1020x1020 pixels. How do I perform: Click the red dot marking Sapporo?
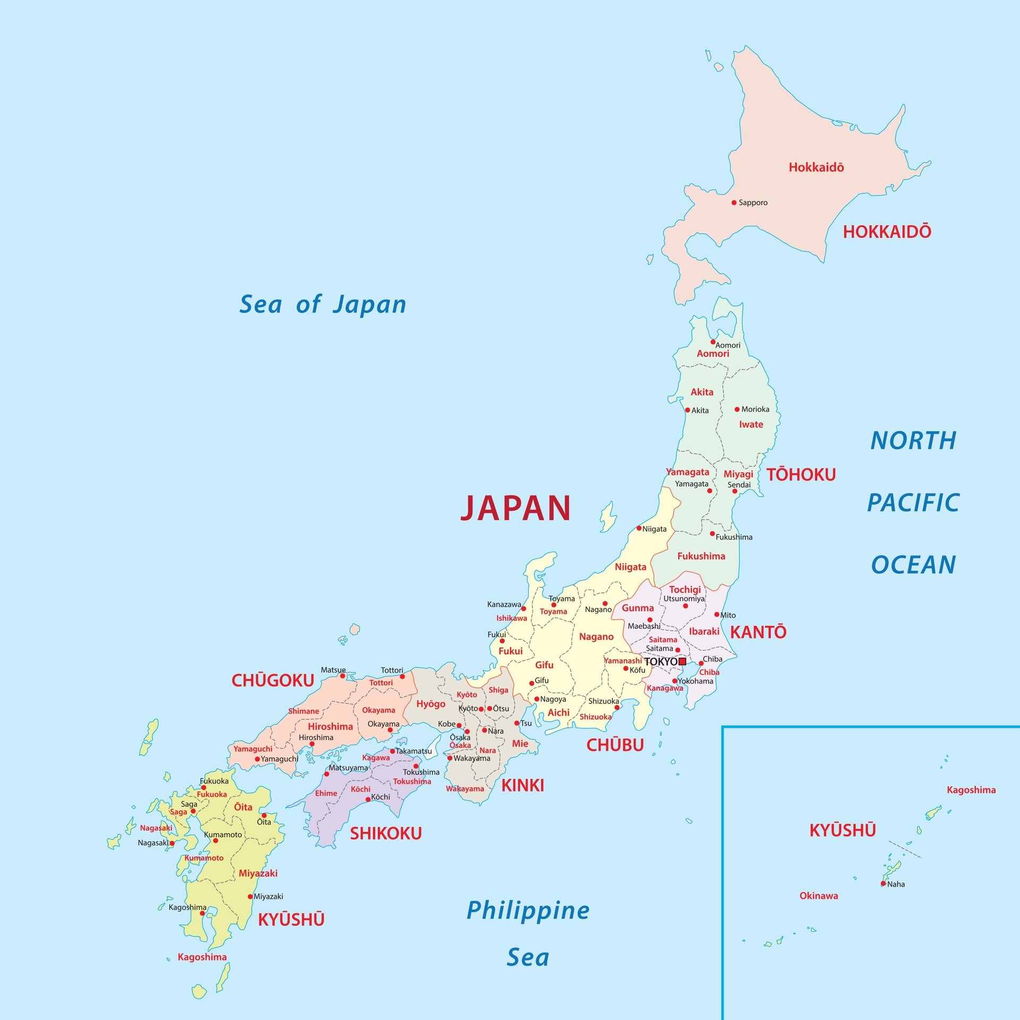pos(734,202)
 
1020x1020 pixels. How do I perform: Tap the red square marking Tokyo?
pos(682,661)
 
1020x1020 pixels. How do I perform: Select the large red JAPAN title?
pos(515,508)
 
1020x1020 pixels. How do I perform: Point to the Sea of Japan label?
pos(322,305)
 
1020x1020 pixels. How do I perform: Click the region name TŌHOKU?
pos(801,474)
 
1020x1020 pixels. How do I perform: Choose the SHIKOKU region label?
pos(386,834)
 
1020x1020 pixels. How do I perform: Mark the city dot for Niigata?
pos(639,528)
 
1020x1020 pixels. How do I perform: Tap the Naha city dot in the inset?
pos(883,883)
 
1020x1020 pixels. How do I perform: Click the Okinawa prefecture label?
pos(819,896)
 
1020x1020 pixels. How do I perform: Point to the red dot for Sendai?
pos(735,491)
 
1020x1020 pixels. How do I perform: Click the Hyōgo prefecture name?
pos(430,704)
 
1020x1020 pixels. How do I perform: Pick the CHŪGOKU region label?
pos(273,681)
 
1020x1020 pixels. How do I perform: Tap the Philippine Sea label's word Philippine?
pos(528,911)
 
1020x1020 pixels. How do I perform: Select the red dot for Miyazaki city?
pos(250,896)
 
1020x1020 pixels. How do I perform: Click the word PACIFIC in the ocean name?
pos(913,503)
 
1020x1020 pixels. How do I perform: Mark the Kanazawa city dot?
pos(523,608)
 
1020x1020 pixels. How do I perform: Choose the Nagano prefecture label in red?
pos(596,636)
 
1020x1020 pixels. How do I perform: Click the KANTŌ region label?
pos(758,632)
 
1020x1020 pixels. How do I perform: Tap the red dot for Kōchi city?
pos(368,799)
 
